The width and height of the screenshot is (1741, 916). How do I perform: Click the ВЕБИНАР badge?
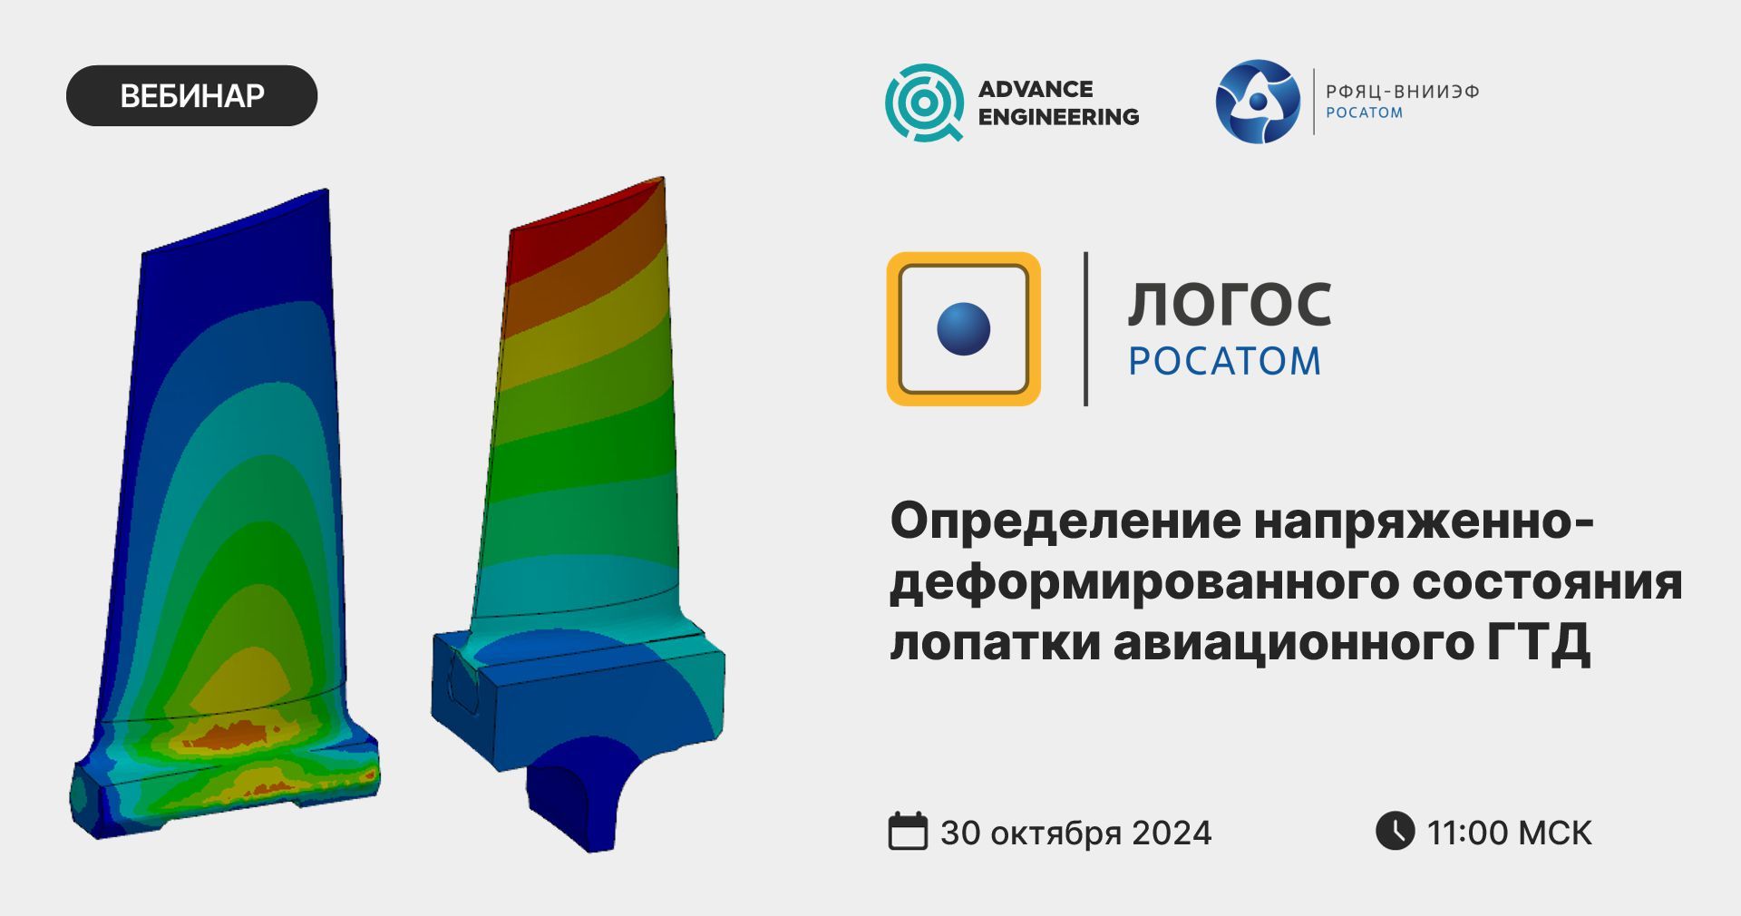[x=191, y=95]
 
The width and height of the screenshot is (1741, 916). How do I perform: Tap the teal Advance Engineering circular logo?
[x=924, y=102]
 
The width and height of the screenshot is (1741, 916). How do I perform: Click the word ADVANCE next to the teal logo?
[x=1036, y=89]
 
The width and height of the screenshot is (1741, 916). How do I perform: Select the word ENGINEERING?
[x=1058, y=117]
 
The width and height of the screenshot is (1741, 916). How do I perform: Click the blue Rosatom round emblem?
[x=1258, y=102]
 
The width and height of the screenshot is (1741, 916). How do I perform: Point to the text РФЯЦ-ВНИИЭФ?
[x=1402, y=92]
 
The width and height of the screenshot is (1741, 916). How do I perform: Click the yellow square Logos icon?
[x=963, y=328]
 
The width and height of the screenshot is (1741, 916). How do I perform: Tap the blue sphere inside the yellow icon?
[x=963, y=328]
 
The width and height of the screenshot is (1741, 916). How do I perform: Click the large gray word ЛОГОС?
[x=1230, y=304]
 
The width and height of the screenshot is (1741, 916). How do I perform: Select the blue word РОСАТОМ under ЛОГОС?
[x=1224, y=361]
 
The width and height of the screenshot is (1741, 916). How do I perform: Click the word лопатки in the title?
[x=994, y=642]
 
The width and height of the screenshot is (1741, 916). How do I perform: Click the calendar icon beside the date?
[x=908, y=831]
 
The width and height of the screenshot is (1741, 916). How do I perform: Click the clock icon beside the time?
[x=1395, y=830]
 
